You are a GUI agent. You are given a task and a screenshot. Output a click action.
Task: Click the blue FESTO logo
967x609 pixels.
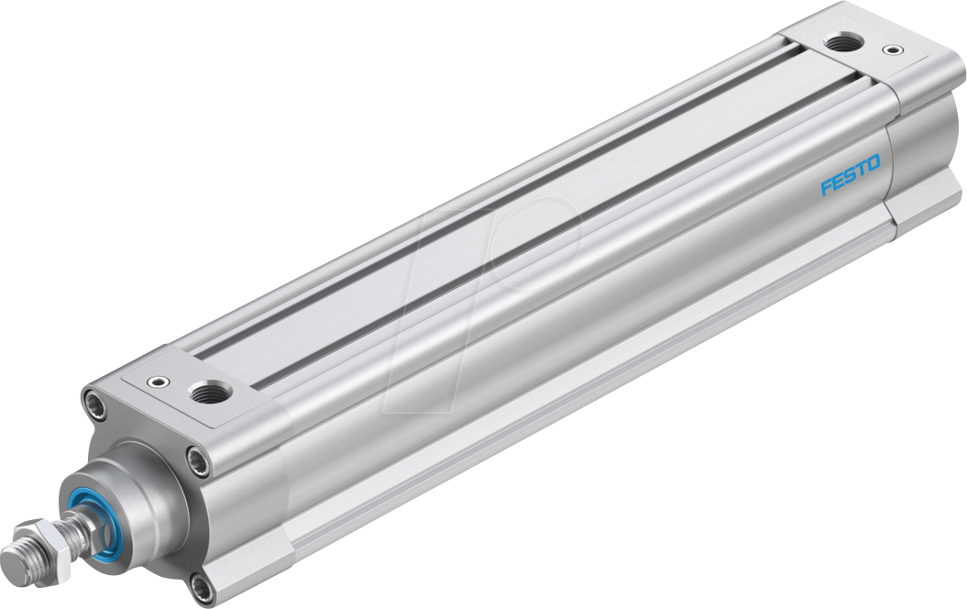point(850,175)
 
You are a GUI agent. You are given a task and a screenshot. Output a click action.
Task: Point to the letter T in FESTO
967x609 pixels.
point(861,170)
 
